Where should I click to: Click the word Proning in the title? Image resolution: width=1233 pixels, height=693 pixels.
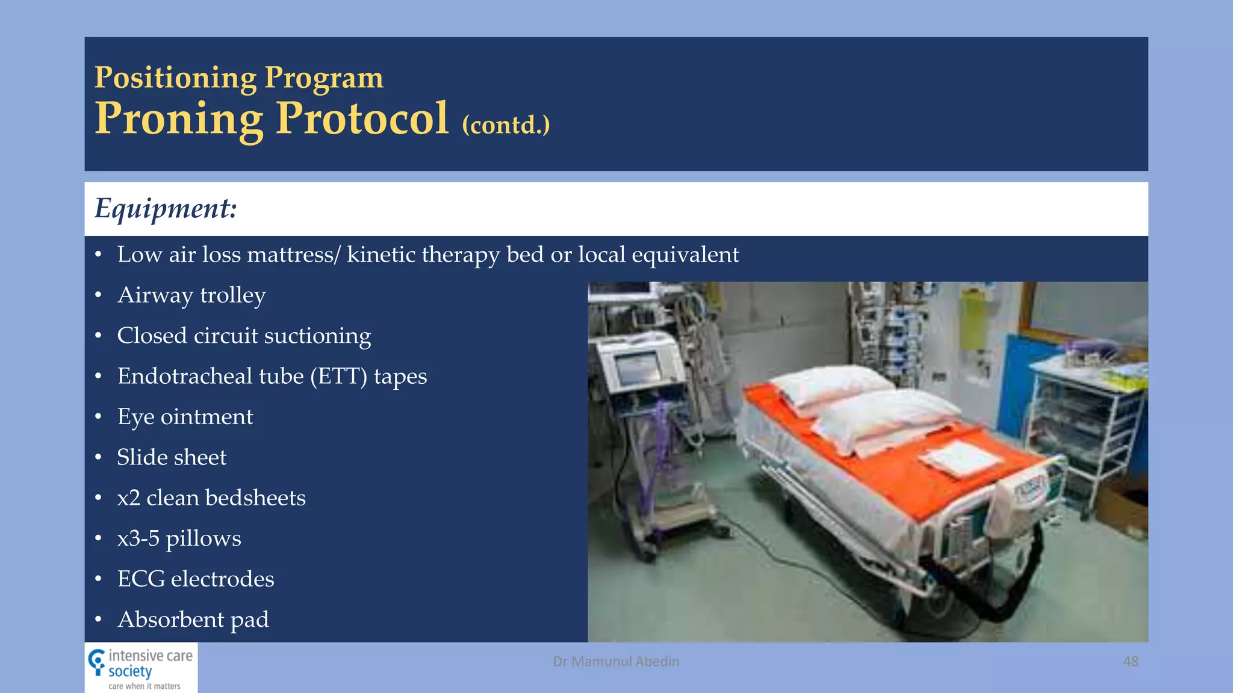tap(179, 119)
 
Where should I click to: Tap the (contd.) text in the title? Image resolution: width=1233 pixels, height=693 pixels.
tap(506, 125)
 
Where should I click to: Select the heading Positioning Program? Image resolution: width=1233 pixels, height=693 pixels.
tap(238, 78)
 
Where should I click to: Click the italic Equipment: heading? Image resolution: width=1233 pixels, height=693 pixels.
tap(166, 209)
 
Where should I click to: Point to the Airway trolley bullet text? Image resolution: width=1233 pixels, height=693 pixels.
tap(191, 295)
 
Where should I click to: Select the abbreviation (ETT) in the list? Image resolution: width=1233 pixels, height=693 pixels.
tap(338, 377)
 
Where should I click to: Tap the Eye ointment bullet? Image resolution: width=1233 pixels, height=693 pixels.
tap(185, 417)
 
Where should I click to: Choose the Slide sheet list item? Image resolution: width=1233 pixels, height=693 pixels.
tap(172, 457)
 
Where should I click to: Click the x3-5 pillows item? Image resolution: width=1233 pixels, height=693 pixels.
tap(179, 538)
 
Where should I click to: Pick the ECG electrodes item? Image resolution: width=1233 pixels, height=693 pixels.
tap(196, 579)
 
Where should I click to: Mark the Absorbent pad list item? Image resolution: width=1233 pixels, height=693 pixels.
tap(193, 620)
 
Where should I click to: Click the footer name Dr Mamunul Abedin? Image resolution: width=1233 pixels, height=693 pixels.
tap(616, 661)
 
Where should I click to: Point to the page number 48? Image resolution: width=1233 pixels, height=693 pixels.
tap(1130, 661)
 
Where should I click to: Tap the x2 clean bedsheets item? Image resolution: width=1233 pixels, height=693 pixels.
tap(211, 498)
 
